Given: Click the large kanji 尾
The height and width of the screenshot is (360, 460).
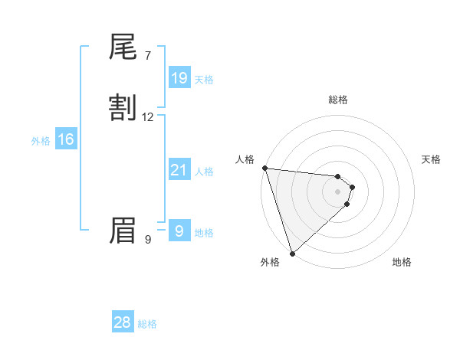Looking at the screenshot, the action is (x=123, y=49).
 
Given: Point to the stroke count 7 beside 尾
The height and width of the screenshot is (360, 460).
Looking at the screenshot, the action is (x=148, y=56).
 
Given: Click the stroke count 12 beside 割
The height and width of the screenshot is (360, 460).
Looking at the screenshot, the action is (x=148, y=117).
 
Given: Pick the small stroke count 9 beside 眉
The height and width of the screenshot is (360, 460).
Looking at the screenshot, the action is (x=148, y=240).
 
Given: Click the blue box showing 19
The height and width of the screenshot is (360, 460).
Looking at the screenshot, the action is (x=179, y=77).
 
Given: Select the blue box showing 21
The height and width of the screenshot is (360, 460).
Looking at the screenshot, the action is (x=179, y=170).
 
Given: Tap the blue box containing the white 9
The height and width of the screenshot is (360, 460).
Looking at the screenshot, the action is (x=179, y=231).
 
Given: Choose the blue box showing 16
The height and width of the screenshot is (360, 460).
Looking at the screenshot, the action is (x=65, y=139).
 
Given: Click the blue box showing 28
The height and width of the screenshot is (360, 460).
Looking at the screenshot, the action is (x=123, y=322).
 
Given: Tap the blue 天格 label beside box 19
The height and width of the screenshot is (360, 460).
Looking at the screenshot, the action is (x=204, y=79).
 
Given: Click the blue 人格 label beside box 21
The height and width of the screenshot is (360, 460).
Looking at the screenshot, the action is (x=204, y=172).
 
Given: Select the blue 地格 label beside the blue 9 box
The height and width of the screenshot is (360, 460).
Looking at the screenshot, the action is (x=204, y=233).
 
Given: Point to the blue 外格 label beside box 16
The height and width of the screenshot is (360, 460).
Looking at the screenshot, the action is (x=41, y=141).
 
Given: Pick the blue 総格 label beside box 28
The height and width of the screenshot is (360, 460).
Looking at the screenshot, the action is (x=147, y=324).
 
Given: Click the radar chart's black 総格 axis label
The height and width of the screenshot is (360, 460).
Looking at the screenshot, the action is (x=337, y=100).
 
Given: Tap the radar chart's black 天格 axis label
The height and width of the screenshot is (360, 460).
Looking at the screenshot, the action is (x=431, y=159).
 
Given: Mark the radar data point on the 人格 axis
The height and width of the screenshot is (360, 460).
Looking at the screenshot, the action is (x=264, y=168).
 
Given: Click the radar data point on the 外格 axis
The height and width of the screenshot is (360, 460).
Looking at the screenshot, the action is (x=292, y=253).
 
